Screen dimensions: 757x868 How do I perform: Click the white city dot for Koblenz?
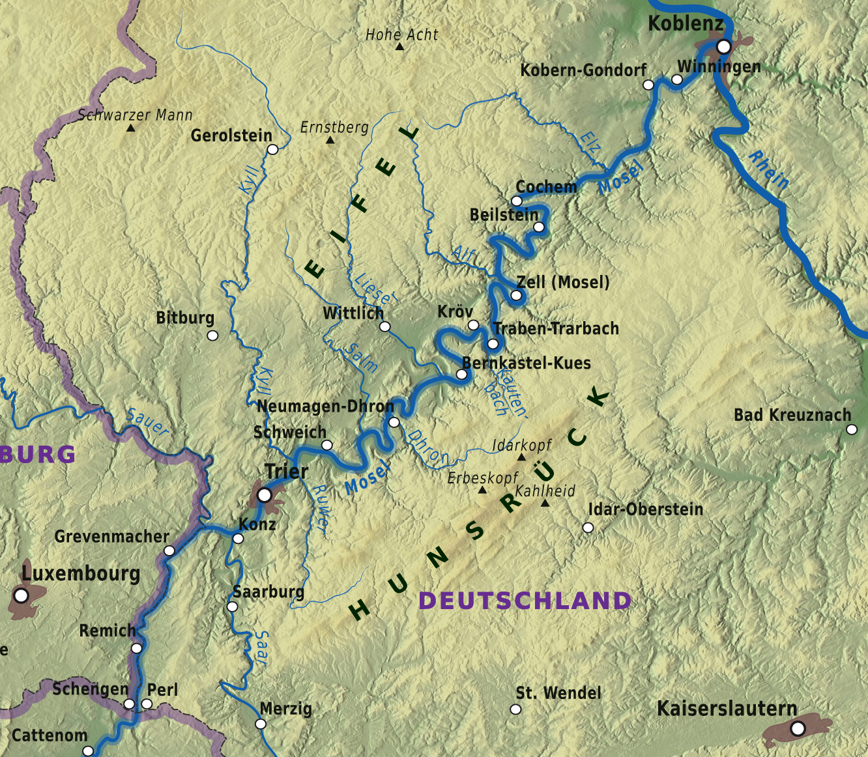pyautogui.click(x=724, y=47)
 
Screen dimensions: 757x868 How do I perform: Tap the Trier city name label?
pyautogui.click(x=286, y=471)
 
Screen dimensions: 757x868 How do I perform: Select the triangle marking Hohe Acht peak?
pyautogui.click(x=399, y=47)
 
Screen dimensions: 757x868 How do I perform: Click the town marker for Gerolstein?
pyautogui.click(x=273, y=149)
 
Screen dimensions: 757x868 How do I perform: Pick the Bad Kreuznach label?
pyautogui.click(x=792, y=415)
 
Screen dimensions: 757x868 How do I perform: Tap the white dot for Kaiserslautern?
pyautogui.click(x=798, y=729)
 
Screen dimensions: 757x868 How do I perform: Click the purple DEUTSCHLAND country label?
pyautogui.click(x=525, y=601)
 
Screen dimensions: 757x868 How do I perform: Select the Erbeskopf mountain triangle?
pyautogui.click(x=482, y=490)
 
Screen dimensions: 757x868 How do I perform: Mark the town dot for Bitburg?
pyautogui.click(x=212, y=336)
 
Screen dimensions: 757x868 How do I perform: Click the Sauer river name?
pyautogui.click(x=148, y=422)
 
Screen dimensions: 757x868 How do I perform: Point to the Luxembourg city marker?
pyautogui.click(x=22, y=595)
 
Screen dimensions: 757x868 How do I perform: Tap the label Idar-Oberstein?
pyautogui.click(x=645, y=509)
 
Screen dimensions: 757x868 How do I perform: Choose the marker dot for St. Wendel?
pyautogui.click(x=515, y=709)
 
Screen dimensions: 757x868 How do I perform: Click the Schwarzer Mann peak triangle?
pyautogui.click(x=130, y=128)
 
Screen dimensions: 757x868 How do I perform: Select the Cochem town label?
pyautogui.click(x=546, y=187)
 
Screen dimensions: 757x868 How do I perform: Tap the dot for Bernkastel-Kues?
pyautogui.click(x=461, y=375)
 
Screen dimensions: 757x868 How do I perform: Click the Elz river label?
pyautogui.click(x=590, y=143)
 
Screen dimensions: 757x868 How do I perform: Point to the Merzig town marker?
pyautogui.click(x=261, y=724)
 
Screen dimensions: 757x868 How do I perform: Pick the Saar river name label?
pyautogui.click(x=261, y=648)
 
